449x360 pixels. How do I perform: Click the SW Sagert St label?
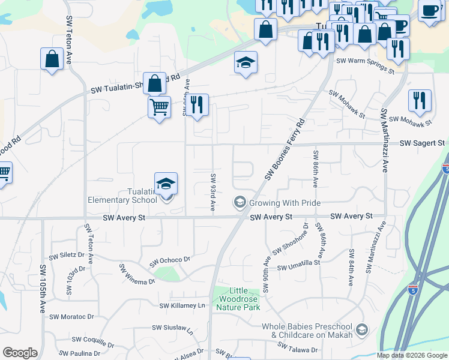(x=421, y=143)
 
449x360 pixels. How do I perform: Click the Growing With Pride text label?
(x=285, y=203)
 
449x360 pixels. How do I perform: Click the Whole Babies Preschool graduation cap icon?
(x=362, y=329)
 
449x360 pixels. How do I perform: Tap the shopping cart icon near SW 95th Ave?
(x=158, y=107)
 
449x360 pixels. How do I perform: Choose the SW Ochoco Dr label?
(x=170, y=261)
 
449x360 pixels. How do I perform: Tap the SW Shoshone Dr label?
(x=291, y=239)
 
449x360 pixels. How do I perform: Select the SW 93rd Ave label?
(x=212, y=192)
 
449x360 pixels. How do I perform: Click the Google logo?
(x=20, y=353)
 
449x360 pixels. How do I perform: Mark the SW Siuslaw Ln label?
(x=173, y=329)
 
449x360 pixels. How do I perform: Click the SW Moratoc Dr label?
(x=71, y=316)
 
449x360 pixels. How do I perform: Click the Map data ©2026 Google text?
(x=412, y=355)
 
